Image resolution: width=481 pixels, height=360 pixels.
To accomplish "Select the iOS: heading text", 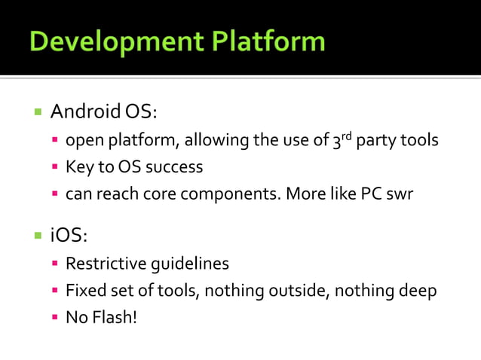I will [x=69, y=236].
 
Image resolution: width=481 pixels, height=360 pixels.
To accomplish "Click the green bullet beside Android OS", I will [x=37, y=112].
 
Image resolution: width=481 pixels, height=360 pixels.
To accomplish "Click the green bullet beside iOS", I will [x=37, y=236].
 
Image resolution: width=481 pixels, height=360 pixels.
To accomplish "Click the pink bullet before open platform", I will [x=55, y=141].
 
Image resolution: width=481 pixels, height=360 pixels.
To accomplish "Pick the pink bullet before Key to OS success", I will [x=55, y=167].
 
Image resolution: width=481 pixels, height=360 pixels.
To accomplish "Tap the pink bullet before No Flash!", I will [x=55, y=318].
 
